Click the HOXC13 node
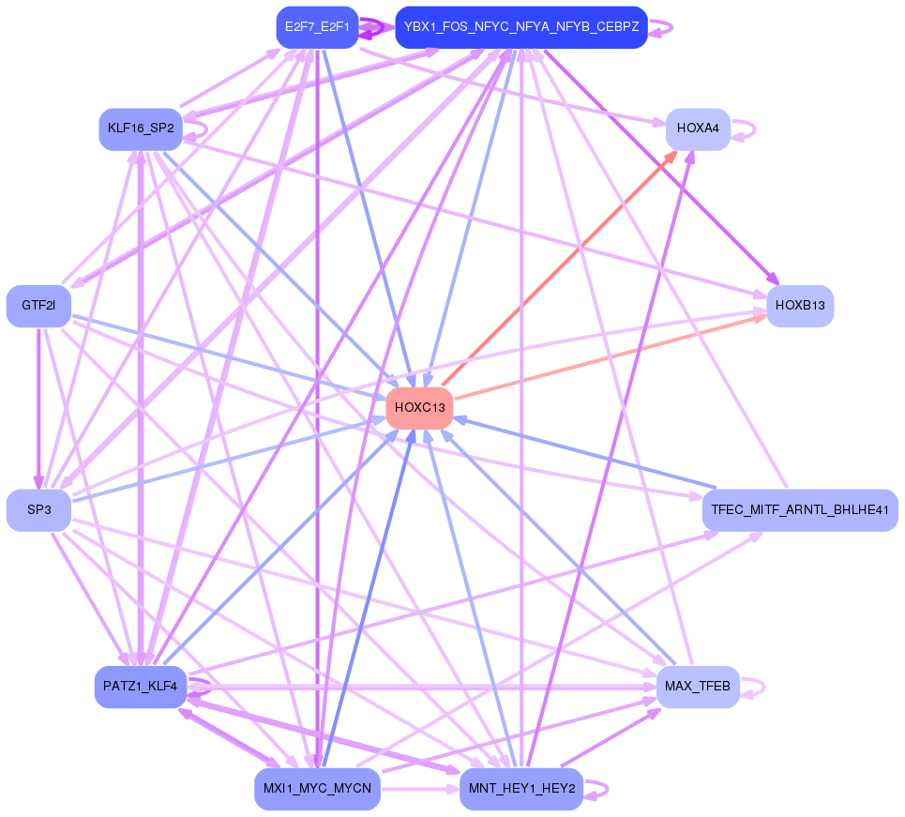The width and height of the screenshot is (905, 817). tap(419, 408)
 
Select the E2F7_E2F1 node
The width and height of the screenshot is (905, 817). tap(317, 27)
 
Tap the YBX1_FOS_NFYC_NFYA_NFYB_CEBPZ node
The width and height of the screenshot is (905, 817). tap(521, 27)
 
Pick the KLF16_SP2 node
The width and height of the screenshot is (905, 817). tap(140, 129)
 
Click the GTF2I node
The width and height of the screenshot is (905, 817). tap(38, 306)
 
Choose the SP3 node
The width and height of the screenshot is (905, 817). tap(38, 510)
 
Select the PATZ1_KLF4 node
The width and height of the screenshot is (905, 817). tap(140, 687)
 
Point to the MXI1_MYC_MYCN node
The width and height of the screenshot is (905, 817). tap(317, 789)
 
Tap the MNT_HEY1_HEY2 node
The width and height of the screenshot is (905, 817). tap(521, 789)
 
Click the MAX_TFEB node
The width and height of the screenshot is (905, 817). tap(698, 687)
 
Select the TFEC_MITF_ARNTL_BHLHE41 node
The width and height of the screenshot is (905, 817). tap(799, 510)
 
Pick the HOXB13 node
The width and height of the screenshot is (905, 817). tap(799, 306)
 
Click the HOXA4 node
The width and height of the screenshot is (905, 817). tap(698, 129)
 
